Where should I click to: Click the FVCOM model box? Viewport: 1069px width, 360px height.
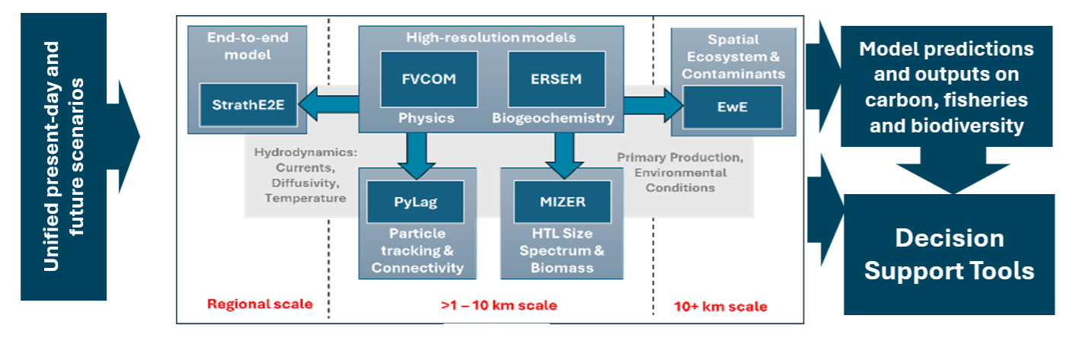[429, 79]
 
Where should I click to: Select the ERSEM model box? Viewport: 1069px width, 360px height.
[558, 79]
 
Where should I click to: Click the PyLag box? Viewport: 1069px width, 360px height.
[415, 203]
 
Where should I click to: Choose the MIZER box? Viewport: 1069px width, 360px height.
[562, 203]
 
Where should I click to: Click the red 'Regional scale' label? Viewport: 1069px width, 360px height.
[260, 304]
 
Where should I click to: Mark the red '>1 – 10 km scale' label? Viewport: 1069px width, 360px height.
[499, 305]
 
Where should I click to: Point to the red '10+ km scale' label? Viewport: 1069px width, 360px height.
[720, 307]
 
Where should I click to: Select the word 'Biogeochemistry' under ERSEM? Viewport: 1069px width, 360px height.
[553, 118]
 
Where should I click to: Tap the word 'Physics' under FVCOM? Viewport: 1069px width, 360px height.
[427, 118]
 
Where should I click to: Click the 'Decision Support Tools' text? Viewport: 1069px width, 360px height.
[949, 254]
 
